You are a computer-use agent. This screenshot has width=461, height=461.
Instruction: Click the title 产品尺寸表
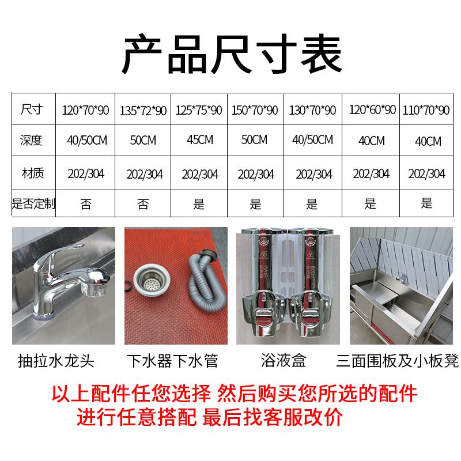[232, 54]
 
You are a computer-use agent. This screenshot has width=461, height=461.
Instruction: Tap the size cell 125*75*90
[199, 110]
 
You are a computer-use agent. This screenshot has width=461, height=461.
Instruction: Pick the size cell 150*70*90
[255, 110]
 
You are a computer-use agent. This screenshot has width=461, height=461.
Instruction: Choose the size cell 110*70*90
[426, 110]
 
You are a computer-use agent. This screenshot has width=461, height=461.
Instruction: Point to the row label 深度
[31, 140]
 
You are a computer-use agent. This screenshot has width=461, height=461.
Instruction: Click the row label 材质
[33, 173]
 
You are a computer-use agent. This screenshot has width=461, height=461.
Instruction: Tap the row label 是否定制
[33, 203]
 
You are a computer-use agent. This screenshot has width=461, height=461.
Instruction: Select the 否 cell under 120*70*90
[86, 204]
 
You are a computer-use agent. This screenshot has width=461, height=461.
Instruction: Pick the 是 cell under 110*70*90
[426, 203]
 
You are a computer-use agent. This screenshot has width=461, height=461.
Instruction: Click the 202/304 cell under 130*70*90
[314, 174]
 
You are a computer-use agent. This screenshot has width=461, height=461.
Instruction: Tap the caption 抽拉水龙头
[56, 361]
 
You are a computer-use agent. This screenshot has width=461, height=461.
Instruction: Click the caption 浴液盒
[284, 360]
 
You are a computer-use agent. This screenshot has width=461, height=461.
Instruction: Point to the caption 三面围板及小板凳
[398, 361]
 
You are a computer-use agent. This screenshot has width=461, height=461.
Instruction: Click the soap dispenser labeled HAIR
[263, 282]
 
